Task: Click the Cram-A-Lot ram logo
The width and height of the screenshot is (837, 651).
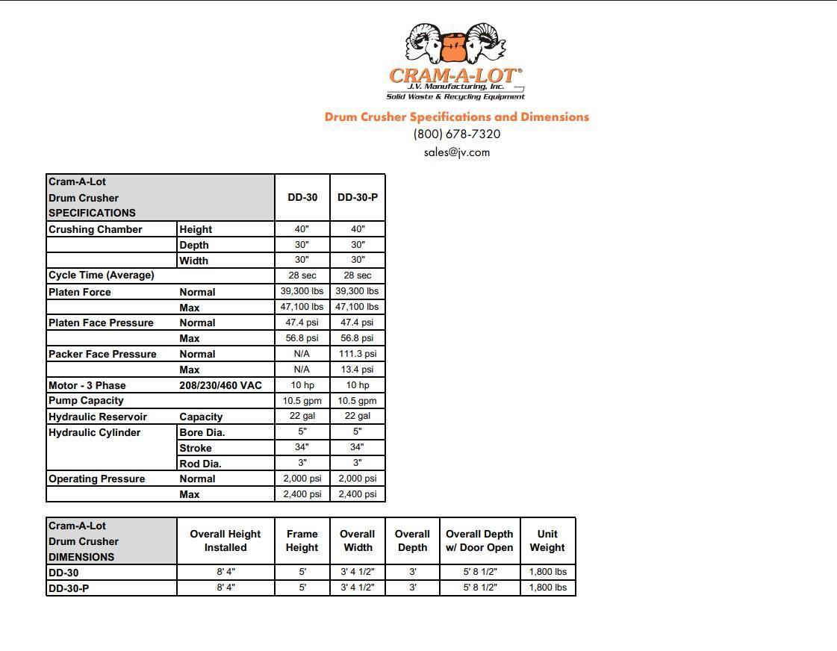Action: point(455,46)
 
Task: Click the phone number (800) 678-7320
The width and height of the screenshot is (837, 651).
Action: point(457,134)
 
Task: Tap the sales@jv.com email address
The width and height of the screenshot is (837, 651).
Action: point(457,152)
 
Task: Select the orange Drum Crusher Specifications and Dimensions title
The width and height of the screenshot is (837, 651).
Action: point(456,116)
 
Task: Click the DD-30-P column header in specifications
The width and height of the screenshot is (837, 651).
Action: point(358,198)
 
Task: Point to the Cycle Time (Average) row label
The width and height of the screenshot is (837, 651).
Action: point(102,275)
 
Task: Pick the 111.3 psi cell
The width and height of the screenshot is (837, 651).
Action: point(358,354)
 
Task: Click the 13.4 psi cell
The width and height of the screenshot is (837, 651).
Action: point(358,370)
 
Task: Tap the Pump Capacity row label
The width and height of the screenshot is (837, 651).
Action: point(86,401)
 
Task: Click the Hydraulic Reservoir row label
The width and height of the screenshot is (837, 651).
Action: point(98,417)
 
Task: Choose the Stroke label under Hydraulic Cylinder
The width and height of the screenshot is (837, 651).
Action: point(196,448)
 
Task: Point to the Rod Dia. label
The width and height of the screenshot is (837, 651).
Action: point(200,464)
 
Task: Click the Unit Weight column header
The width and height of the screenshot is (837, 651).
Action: point(547,541)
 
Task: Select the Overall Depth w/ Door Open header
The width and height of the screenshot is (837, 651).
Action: point(479,541)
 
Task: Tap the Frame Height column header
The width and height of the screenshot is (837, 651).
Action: point(302,541)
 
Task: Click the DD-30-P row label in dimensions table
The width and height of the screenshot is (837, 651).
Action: point(69,588)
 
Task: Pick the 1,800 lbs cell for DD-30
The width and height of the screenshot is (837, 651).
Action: point(547,572)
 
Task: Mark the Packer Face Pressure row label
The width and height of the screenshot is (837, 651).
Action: point(102,354)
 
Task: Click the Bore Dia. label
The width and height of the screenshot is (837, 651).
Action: point(202,432)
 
